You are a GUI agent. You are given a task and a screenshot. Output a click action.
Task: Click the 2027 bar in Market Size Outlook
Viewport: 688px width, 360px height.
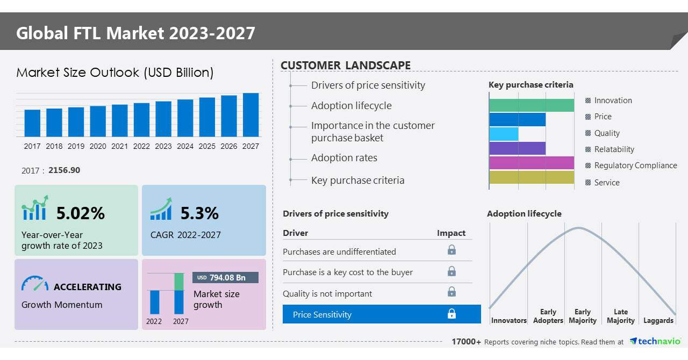[250, 115]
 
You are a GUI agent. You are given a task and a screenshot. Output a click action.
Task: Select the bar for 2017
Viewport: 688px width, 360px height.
[32, 123]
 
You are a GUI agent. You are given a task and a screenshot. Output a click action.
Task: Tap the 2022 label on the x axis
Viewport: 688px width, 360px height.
[141, 146]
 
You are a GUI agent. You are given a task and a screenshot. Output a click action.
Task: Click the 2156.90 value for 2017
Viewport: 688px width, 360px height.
[64, 170]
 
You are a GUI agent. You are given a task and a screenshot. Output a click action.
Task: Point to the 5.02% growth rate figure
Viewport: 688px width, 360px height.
[81, 213]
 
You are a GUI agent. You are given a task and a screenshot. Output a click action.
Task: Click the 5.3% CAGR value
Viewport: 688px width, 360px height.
[199, 213]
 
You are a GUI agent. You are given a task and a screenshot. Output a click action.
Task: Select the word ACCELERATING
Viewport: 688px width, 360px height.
[88, 287]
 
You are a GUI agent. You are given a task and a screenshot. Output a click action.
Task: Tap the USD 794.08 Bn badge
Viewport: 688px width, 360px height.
[225, 278]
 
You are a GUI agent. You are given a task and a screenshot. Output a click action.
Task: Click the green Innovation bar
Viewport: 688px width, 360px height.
[532, 105]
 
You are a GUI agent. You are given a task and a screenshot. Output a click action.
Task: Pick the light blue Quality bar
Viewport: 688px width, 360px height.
[504, 134]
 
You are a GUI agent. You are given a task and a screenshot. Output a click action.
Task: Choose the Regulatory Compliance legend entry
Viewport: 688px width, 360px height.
[635, 165]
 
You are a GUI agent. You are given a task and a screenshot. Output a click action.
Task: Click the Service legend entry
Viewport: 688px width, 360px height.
[607, 183]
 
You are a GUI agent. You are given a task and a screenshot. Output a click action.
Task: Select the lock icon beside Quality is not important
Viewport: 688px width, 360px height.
[451, 292]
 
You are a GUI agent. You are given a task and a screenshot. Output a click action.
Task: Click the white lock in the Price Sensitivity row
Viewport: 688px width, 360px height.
[451, 314]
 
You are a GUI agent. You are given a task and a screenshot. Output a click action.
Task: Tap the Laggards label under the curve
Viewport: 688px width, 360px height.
[658, 321]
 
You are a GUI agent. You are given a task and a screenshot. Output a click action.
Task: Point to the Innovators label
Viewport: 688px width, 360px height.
[508, 321]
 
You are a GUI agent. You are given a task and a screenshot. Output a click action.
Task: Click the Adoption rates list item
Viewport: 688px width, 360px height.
[344, 158]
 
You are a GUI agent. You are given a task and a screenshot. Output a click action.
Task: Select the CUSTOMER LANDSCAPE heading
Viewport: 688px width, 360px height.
[346, 66]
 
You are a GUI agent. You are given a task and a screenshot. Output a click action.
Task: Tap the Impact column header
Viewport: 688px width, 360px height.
[451, 233]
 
